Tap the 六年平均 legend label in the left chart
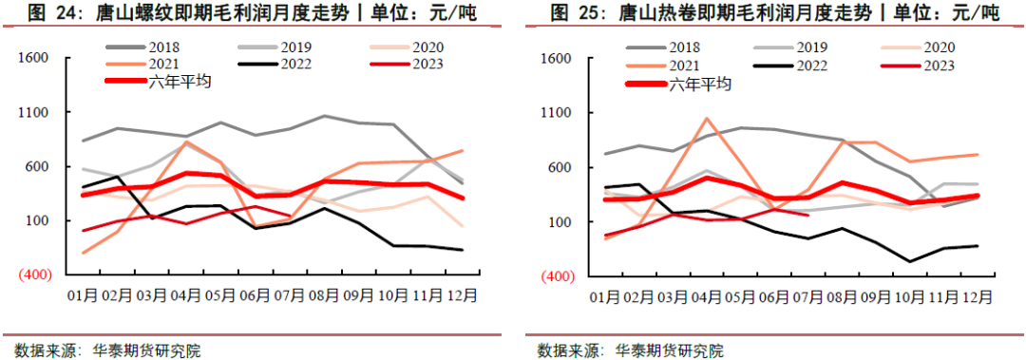[x=180, y=83]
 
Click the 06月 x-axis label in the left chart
[x=260, y=295]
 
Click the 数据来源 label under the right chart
[x=568, y=351]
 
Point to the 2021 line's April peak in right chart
[x=706, y=119]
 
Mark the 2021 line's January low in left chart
[x=85, y=253]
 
